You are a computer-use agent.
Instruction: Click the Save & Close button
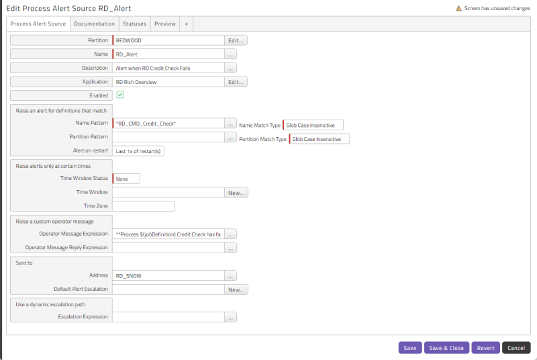click(x=446, y=348)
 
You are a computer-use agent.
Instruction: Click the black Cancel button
click(x=516, y=348)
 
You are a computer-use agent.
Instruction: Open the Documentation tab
click(x=94, y=24)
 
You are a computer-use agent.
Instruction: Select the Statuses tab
click(x=135, y=24)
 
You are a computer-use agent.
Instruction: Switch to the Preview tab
click(x=164, y=24)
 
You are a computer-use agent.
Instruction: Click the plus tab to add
click(x=187, y=24)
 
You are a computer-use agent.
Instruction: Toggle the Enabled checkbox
click(x=120, y=95)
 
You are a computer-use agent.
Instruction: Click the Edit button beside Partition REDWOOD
click(x=236, y=40)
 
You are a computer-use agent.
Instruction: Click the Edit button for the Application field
click(x=236, y=82)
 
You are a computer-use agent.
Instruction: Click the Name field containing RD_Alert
click(x=168, y=54)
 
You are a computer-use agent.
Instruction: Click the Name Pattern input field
click(x=168, y=124)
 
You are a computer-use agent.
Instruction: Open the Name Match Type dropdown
click(x=313, y=125)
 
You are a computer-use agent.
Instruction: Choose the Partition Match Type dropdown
click(x=320, y=139)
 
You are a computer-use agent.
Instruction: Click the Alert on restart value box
click(x=138, y=151)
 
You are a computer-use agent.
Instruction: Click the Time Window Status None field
click(x=126, y=179)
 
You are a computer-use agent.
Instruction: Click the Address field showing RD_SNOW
click(x=168, y=276)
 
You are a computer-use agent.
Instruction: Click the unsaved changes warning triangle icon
click(x=458, y=8)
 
